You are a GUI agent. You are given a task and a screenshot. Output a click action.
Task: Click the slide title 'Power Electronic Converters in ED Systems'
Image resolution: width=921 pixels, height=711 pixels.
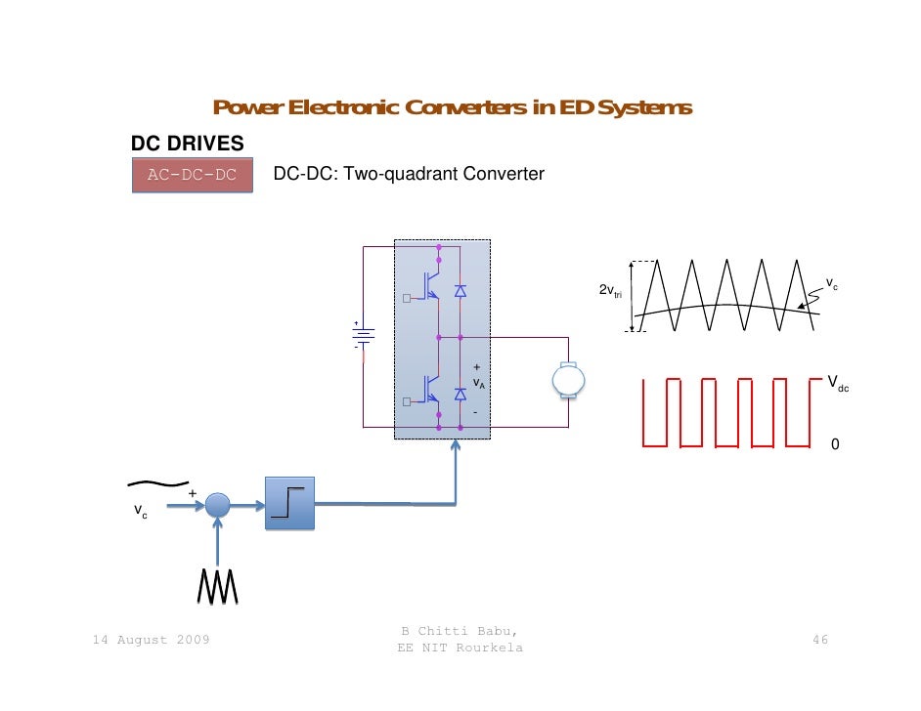[x=452, y=107]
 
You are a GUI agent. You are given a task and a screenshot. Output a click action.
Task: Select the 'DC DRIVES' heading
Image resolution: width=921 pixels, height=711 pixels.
[x=188, y=144]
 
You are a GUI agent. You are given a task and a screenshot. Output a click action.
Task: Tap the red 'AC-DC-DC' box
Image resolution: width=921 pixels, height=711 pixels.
[x=192, y=175]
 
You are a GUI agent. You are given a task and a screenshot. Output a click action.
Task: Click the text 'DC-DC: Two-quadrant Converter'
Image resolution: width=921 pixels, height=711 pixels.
[x=408, y=175]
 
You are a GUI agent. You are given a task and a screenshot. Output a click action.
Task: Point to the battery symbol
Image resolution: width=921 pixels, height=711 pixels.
[x=362, y=335]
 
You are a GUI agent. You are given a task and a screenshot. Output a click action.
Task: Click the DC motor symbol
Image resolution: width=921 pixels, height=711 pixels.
[x=568, y=380]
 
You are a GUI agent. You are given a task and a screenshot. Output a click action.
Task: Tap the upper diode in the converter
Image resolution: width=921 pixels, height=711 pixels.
[x=460, y=291]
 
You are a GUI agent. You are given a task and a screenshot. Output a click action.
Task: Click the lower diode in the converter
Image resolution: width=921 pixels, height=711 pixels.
[x=460, y=394]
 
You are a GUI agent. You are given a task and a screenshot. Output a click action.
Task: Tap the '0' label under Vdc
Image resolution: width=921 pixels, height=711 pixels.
[x=834, y=444]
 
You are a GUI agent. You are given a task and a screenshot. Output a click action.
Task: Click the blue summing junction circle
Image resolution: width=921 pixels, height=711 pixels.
[x=217, y=505]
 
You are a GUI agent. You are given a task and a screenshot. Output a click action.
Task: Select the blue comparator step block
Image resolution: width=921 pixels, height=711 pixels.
[x=290, y=503]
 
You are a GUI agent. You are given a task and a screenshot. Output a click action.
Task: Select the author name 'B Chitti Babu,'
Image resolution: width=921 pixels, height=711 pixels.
[x=460, y=631]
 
